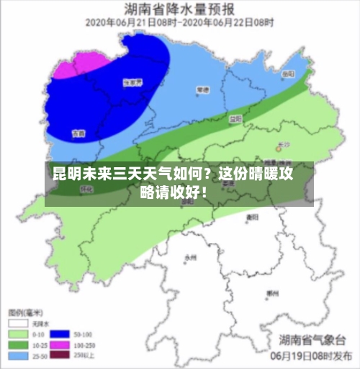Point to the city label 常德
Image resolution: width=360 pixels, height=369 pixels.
click(x=203, y=91)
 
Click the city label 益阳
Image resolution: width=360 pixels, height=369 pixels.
click(x=235, y=118)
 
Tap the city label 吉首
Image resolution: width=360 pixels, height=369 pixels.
click(x=78, y=134)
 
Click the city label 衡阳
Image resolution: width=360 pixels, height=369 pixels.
click(x=252, y=216)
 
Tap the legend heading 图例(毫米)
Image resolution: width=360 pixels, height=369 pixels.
click(x=25, y=313)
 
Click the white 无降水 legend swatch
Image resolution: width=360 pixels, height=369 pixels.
click(x=18, y=325)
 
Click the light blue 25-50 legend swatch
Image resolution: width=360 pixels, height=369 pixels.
click(x=18, y=355)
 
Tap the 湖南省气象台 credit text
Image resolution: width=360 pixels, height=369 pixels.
click(x=312, y=339)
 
